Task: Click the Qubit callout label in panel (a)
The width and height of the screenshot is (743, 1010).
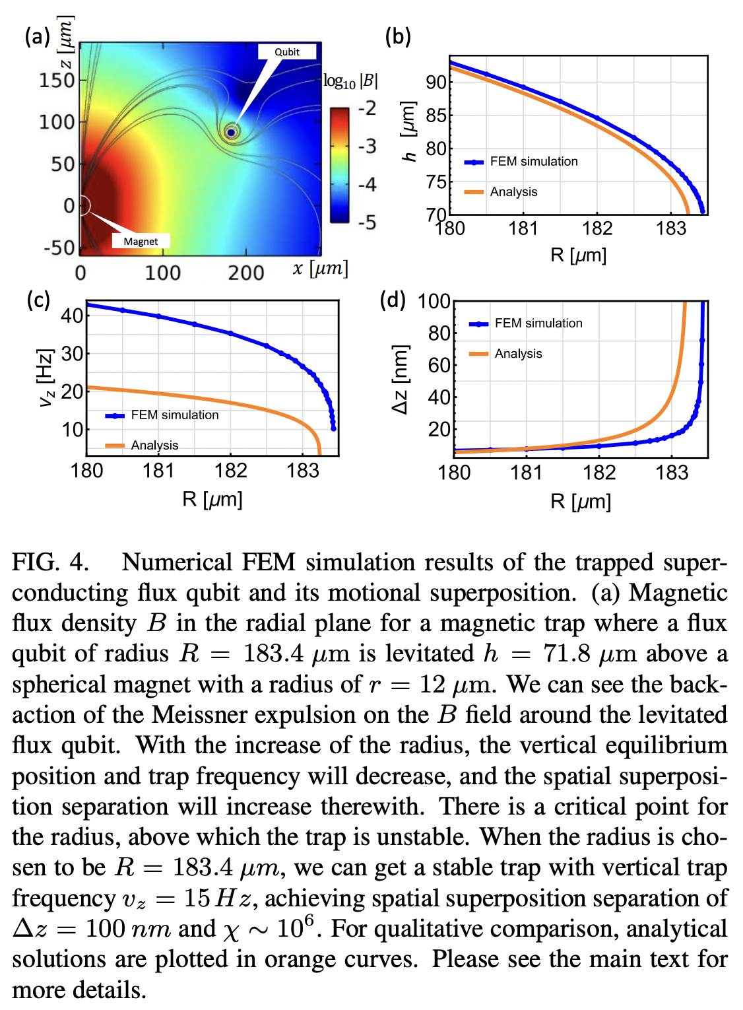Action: (286, 52)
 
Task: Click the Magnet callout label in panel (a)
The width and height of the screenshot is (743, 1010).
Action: (141, 241)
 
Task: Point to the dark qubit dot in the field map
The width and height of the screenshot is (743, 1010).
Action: (231, 132)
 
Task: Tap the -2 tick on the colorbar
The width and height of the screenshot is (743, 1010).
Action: (367, 108)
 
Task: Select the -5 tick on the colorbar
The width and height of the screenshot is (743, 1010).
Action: (367, 222)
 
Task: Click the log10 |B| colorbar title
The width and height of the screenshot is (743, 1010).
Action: (350, 81)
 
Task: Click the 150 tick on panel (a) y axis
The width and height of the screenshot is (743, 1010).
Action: (57, 80)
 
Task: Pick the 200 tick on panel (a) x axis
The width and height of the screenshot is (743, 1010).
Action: (245, 273)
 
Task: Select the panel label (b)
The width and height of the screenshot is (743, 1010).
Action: (398, 36)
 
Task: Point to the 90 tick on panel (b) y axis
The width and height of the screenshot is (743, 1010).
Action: (436, 83)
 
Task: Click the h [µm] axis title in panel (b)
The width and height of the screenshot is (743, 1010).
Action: (409, 132)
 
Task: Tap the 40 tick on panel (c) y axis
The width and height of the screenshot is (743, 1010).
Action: (72, 316)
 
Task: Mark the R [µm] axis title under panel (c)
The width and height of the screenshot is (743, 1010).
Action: (212, 499)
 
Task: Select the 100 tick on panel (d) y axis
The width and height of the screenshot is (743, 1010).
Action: (434, 302)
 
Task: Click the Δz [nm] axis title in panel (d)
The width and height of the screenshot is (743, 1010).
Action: (400, 379)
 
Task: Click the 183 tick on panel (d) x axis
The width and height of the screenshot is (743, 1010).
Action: (671, 473)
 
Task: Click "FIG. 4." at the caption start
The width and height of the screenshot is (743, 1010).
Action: (50, 562)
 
